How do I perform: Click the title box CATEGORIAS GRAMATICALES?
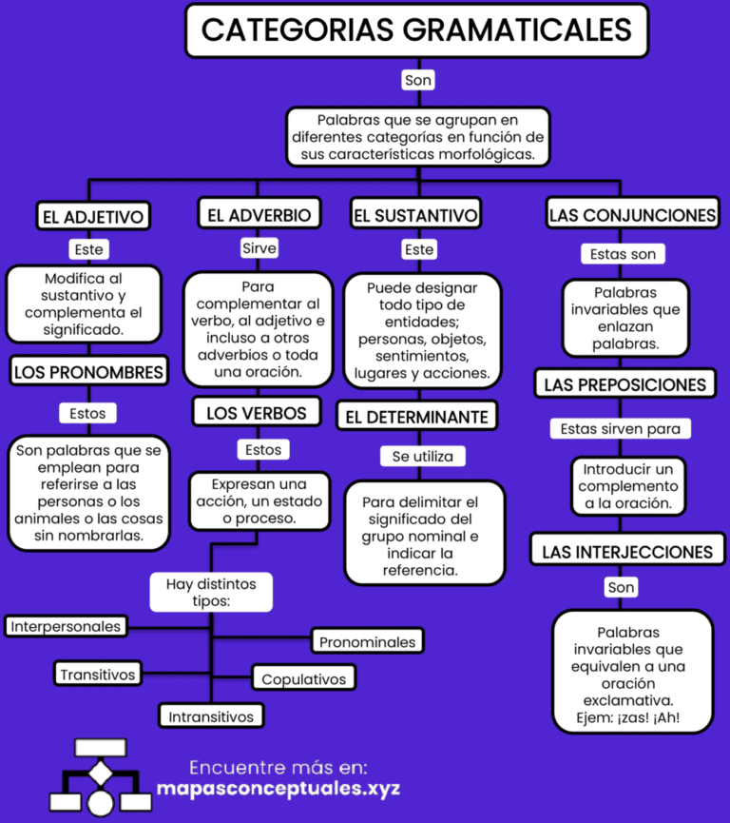[416, 29]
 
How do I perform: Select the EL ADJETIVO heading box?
[92, 216]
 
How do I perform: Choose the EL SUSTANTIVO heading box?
[415, 215]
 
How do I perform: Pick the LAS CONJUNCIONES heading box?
[632, 215]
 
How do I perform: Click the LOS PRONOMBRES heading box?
[88, 372]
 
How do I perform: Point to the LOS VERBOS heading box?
[258, 413]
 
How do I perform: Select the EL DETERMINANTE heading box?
[416, 417]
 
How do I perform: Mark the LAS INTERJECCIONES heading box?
[627, 552]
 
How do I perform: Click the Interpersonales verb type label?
[66, 626]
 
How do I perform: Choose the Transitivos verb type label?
[98, 675]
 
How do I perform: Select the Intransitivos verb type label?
[211, 715]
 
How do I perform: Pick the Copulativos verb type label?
[304, 679]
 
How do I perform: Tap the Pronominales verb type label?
[367, 641]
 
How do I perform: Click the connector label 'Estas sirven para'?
[621, 429]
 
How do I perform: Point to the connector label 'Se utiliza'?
[423, 457]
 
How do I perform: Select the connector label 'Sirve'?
[259, 248]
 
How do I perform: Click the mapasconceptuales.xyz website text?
[278, 789]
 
